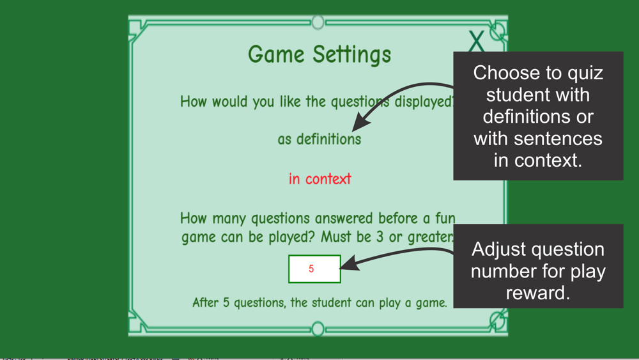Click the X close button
pyautogui.click(x=476, y=41)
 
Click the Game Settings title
pyautogui.click(x=319, y=54)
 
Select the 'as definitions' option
pyautogui.click(x=319, y=139)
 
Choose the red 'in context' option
pyautogui.click(x=320, y=179)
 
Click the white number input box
pyautogui.click(x=314, y=269)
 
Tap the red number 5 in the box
pyautogui.click(x=311, y=269)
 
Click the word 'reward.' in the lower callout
pyautogui.click(x=538, y=293)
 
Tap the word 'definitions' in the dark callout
pyautogui.click(x=527, y=116)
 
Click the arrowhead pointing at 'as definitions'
pyautogui.click(x=361, y=122)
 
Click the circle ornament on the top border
pyautogui.click(x=318, y=22)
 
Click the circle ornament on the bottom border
pyautogui.click(x=318, y=329)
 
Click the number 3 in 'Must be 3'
pyautogui.click(x=380, y=237)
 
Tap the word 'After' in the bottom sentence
pyautogui.click(x=205, y=302)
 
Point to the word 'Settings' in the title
pyautogui.click(x=351, y=54)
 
